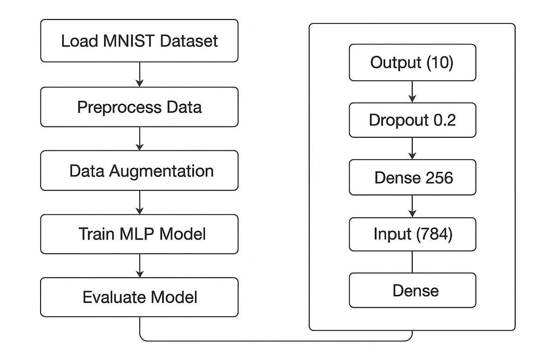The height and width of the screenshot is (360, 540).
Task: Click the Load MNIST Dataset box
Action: pos(139,40)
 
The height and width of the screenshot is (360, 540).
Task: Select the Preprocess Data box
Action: pos(139,107)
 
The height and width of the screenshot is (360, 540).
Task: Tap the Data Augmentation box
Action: pos(139,171)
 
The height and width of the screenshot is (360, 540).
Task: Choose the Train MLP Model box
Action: pos(139,234)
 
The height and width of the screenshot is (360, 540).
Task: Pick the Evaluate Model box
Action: pos(139,297)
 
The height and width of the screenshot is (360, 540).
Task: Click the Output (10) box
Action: pos(412,62)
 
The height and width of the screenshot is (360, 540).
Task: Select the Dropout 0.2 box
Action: pos(412,120)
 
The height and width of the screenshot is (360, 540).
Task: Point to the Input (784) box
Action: pos(412,234)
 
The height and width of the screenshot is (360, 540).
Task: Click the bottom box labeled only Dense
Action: pos(412,290)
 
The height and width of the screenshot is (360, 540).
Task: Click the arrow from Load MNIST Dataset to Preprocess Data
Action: pos(139,74)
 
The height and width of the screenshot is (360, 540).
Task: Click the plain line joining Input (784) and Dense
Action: pos(412,262)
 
